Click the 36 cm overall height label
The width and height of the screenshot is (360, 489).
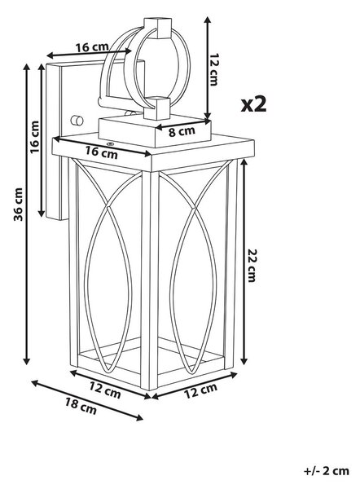19,205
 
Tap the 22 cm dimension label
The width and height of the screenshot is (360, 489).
251,265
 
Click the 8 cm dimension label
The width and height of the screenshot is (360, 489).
182,131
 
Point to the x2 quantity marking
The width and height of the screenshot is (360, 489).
254,104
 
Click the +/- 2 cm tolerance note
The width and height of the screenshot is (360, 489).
327,471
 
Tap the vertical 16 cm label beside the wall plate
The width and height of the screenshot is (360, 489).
35,137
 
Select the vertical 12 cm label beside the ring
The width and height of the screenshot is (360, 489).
214,69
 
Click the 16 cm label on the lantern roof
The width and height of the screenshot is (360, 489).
102,152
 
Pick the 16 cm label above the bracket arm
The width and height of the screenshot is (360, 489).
92,47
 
